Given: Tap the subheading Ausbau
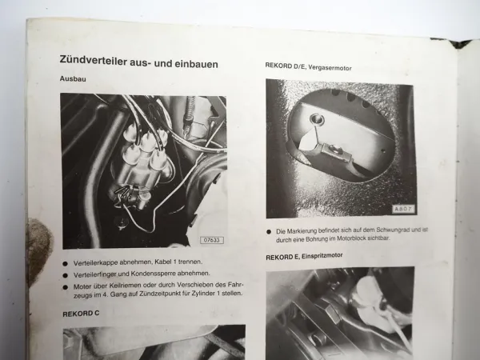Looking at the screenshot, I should (x=73, y=79).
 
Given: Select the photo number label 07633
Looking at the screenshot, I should (x=213, y=239).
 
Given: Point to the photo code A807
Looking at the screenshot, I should (x=402, y=210).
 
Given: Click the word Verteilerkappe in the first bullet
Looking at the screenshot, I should (x=99, y=262).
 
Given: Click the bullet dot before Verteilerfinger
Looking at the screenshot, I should (x=65, y=273).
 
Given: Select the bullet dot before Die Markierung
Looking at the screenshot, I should (x=269, y=230).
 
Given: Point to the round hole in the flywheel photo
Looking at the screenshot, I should (x=319, y=119).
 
